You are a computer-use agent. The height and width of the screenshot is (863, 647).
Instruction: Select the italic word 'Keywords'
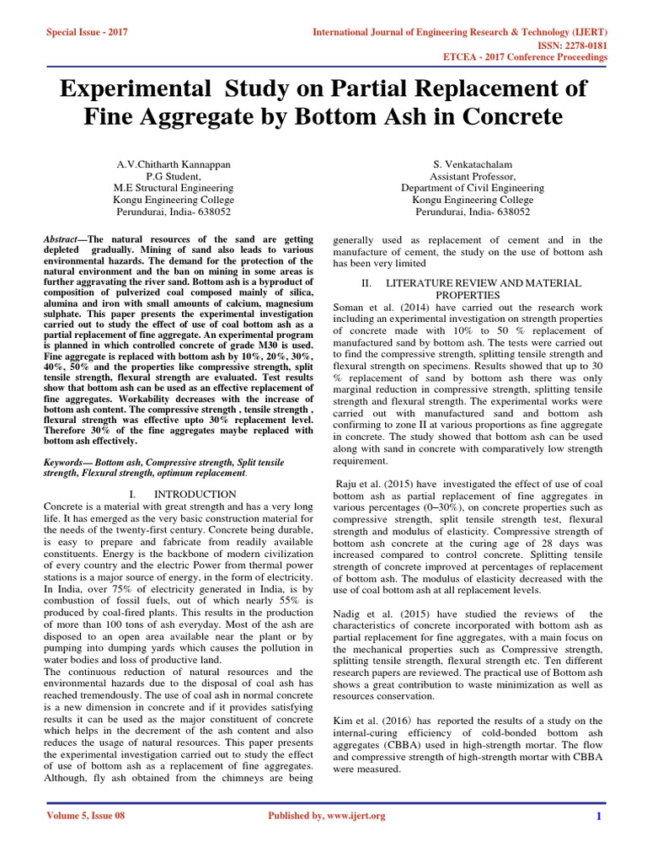[x=66, y=463]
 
